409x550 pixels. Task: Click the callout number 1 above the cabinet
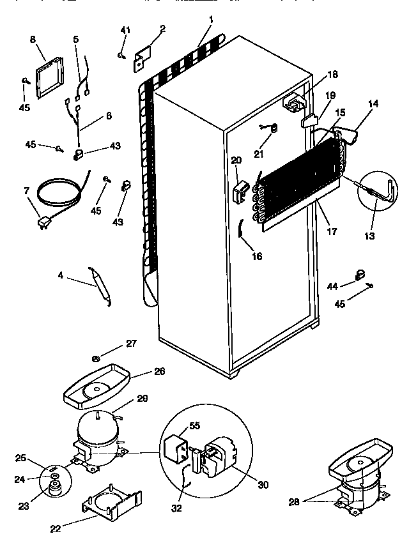pyautogui.click(x=210, y=20)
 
